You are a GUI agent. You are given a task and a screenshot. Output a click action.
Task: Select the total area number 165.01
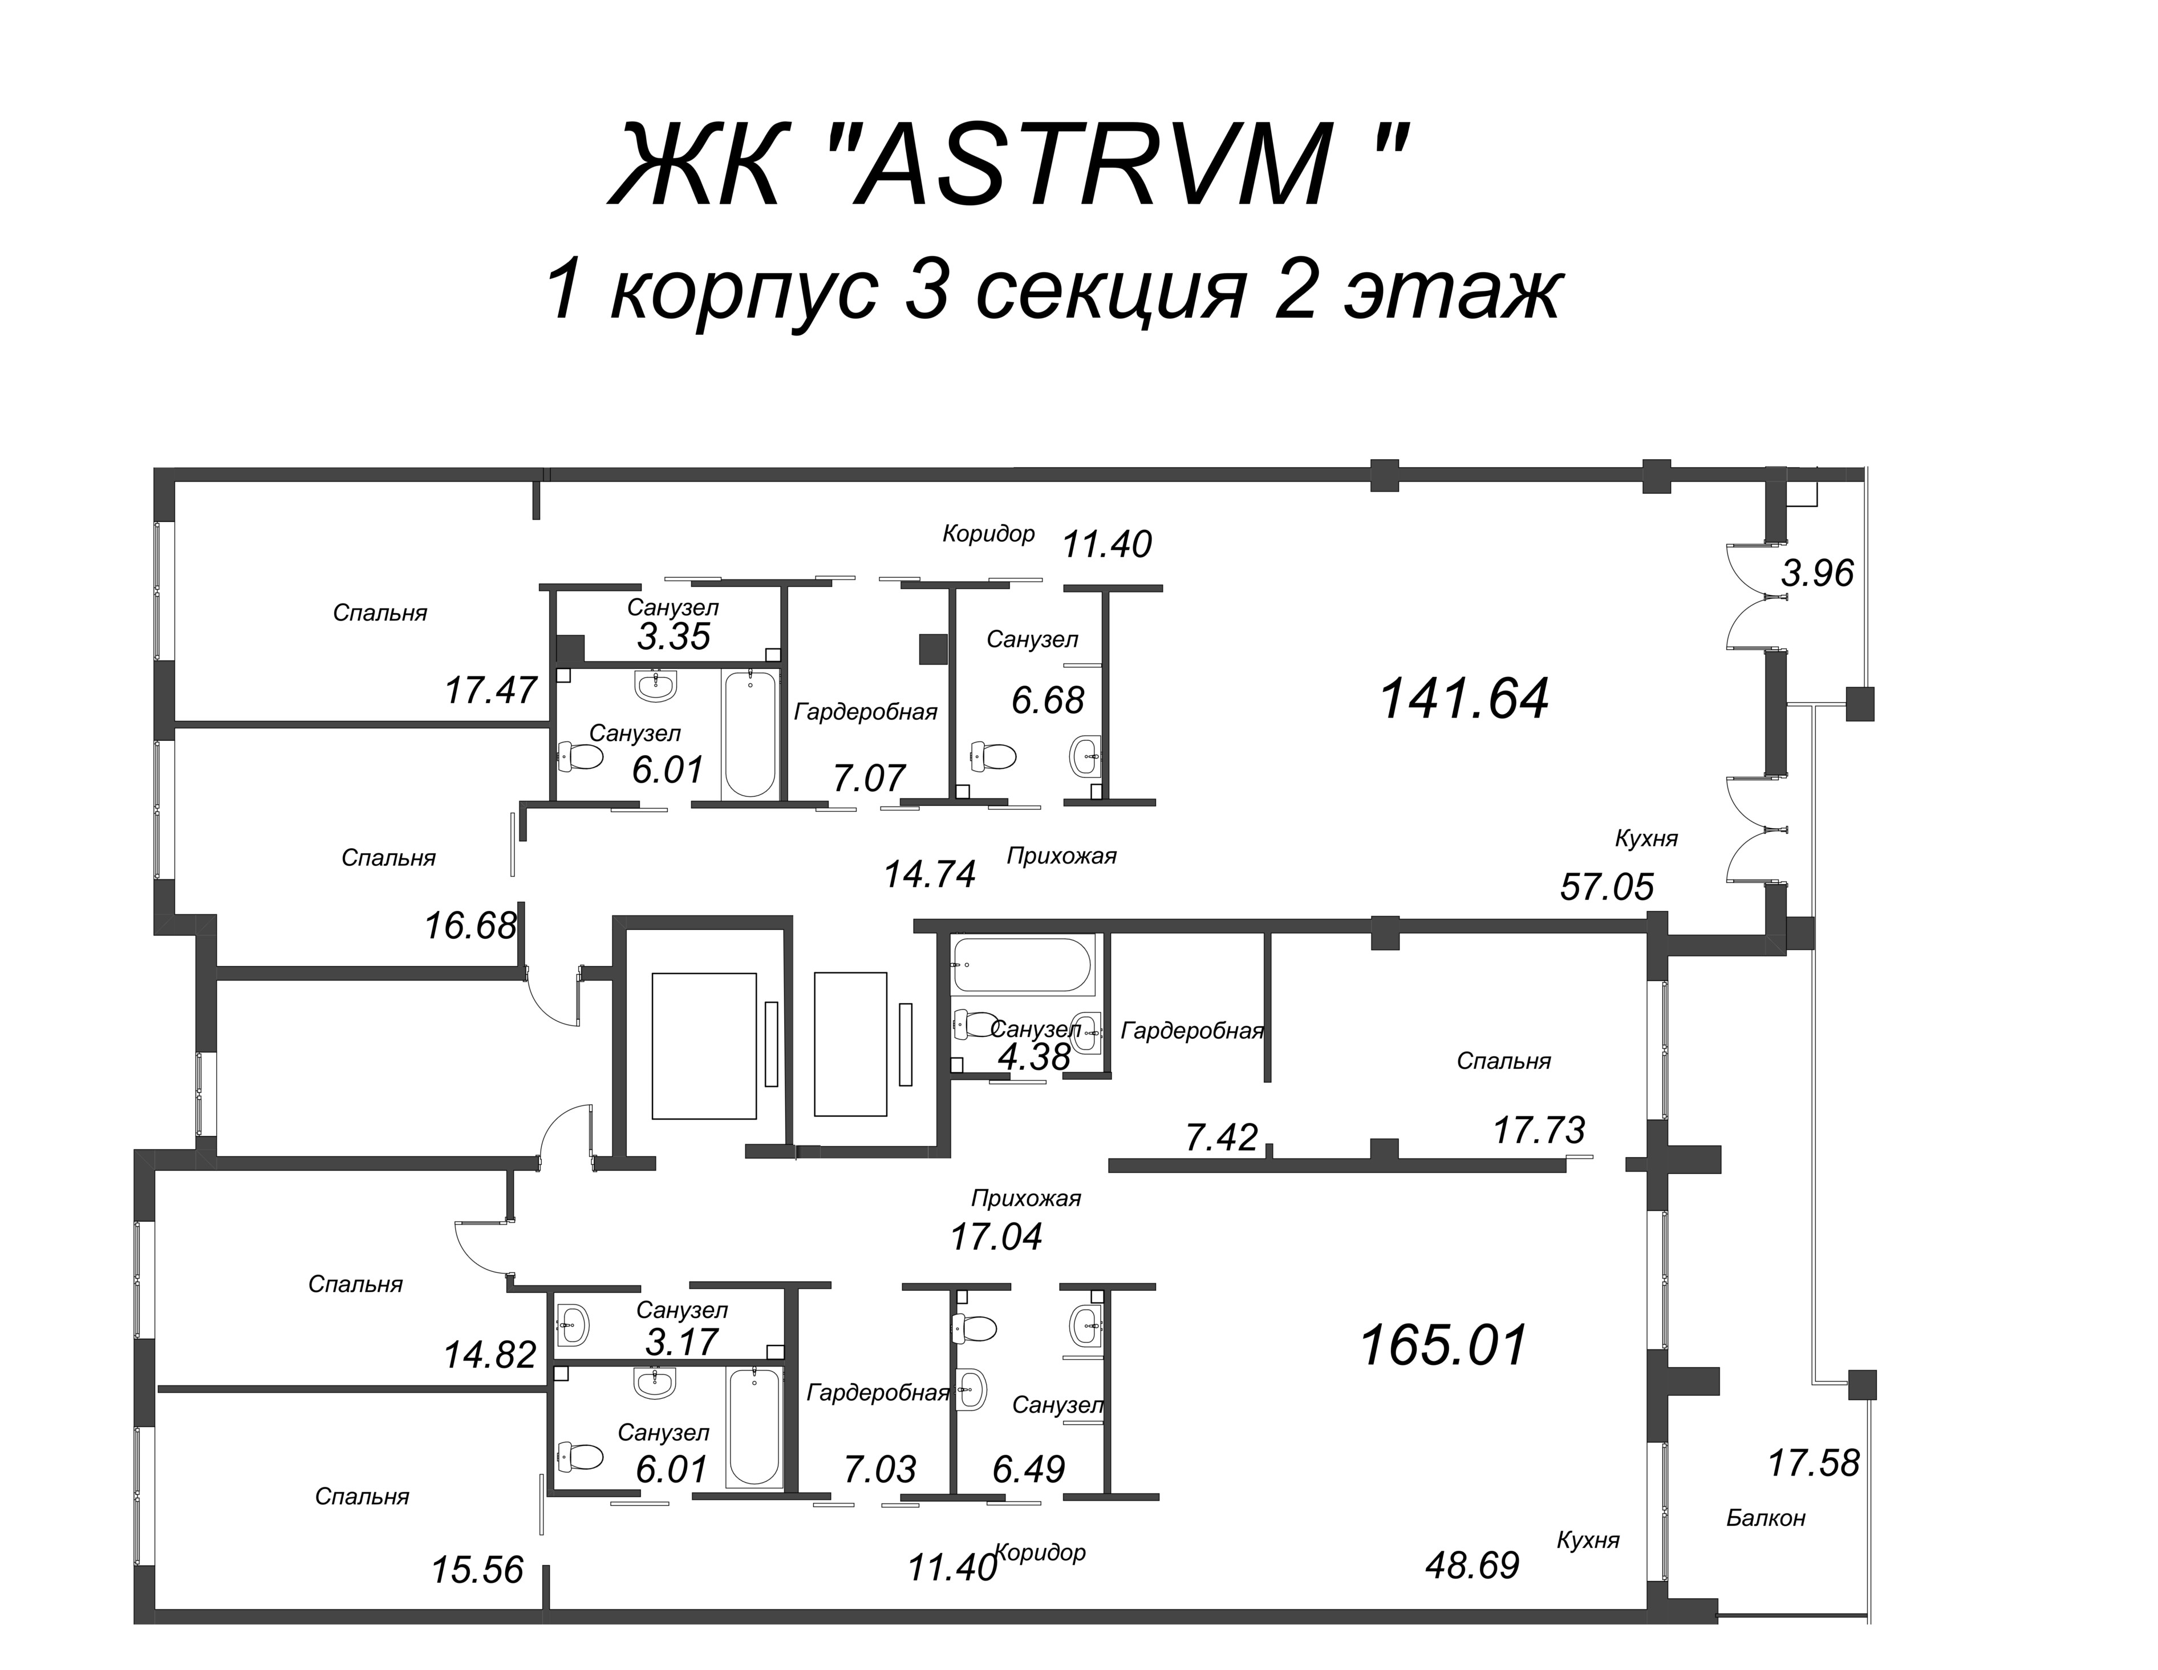[1443, 1345]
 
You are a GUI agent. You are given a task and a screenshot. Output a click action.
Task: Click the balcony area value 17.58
[1813, 1462]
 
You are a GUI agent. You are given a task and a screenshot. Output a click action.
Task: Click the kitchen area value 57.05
[1607, 886]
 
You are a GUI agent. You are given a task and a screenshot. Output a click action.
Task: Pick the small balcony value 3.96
[1817, 573]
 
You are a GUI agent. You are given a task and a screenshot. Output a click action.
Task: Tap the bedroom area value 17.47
[491, 690]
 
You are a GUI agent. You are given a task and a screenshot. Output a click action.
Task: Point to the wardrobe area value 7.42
[1221, 1137]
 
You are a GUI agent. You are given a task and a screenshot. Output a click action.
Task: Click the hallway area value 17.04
[996, 1236]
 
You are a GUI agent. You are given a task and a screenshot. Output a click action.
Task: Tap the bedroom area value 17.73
[1539, 1129]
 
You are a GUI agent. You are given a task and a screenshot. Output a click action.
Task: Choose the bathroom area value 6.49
[1029, 1469]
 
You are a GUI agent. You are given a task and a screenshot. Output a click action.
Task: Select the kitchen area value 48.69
[1473, 1565]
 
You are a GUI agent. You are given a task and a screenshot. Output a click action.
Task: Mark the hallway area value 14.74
[930, 874]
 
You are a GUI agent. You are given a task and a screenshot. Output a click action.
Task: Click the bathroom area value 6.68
[1048, 700]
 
